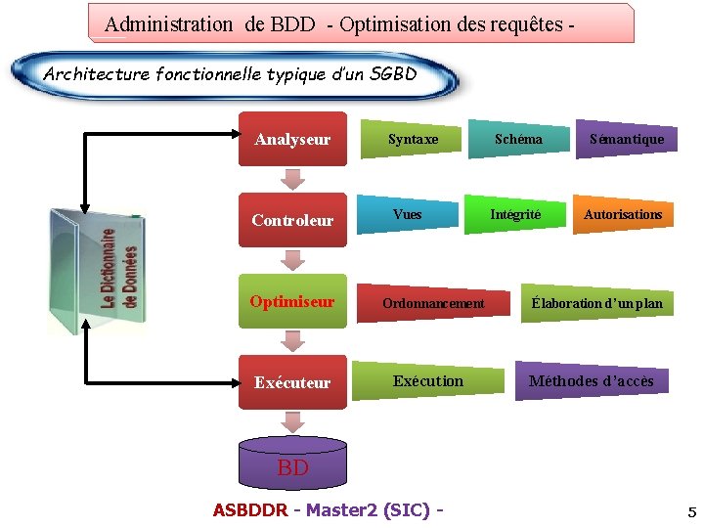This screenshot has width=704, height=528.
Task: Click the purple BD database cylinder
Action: pyautogui.click(x=292, y=462)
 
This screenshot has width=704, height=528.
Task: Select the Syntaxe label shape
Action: pyautogui.click(x=413, y=139)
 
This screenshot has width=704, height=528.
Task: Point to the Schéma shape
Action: pyautogui.click(x=518, y=139)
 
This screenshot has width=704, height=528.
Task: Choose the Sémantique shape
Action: pyautogui.click(x=626, y=139)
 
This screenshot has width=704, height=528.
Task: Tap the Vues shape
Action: pyautogui.click(x=408, y=214)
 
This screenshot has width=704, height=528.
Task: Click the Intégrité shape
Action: pyautogui.click(x=515, y=214)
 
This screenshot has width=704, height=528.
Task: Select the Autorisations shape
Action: pyautogui.click(x=623, y=214)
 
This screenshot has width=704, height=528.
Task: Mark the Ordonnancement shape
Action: pyautogui.click(x=433, y=303)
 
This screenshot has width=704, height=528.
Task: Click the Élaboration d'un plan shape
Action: pyautogui.click(x=596, y=303)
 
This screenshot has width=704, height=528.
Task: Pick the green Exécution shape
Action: pyautogui.click(x=428, y=380)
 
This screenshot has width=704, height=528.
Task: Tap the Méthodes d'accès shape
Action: pyautogui.click(x=592, y=380)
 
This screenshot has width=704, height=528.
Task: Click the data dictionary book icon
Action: pyautogui.click(x=96, y=271)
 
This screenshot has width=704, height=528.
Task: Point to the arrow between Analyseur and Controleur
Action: pyautogui.click(x=291, y=180)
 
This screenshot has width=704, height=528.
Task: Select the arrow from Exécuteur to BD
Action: pyautogui.click(x=291, y=421)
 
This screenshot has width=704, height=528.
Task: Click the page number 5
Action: pyautogui.click(x=691, y=511)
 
